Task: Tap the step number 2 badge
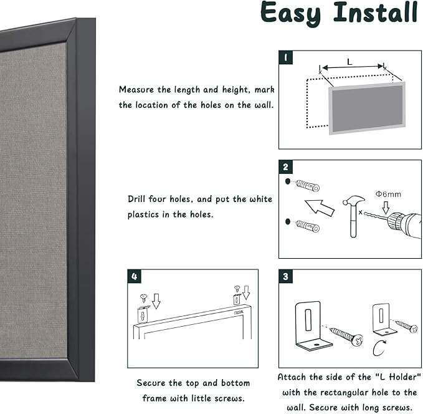point(285,167)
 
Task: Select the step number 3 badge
point(285,276)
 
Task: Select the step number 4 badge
point(135,276)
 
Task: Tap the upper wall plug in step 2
point(307,186)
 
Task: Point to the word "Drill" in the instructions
point(138,199)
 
